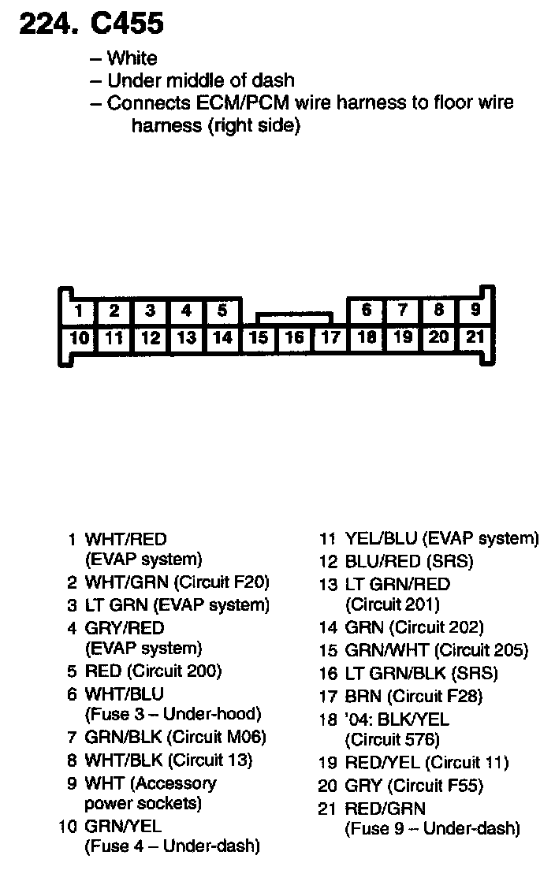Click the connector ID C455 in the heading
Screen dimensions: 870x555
tap(128, 24)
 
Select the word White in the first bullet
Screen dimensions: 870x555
tap(132, 58)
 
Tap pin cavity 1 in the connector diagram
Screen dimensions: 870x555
tap(78, 310)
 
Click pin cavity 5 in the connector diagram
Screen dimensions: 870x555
tap(222, 310)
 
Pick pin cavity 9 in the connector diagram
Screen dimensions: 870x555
tap(475, 310)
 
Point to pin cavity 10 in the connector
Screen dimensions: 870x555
tap(78, 338)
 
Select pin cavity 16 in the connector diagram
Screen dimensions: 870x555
tap(294, 338)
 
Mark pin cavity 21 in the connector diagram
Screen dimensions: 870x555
tap(475, 337)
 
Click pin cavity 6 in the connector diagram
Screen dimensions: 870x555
tap(367, 310)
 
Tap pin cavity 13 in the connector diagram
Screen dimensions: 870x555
tap(186, 338)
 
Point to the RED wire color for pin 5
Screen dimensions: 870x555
tap(103, 671)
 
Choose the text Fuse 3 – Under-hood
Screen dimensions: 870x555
tap(172, 714)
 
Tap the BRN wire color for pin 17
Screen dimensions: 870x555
tap(363, 696)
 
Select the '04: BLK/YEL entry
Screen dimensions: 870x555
tap(397, 719)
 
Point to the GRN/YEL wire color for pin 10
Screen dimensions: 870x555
tap(123, 826)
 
